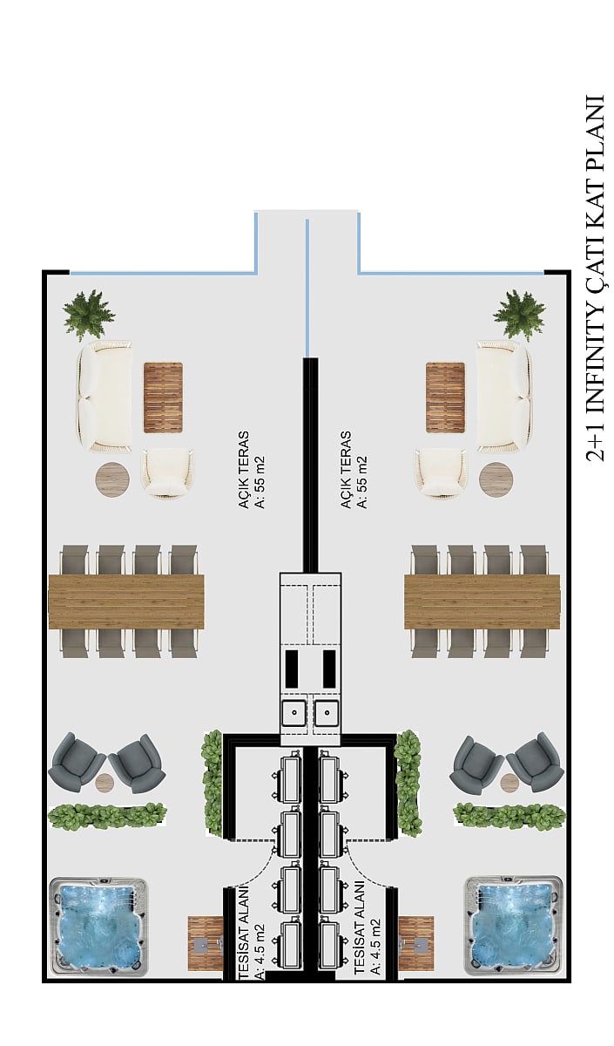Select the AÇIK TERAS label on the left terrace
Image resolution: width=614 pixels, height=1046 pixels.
[244, 469]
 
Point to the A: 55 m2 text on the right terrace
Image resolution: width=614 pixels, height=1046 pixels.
[361, 481]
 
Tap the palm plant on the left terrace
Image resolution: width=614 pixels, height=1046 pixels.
[89, 315]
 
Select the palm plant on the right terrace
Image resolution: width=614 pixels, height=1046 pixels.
[519, 315]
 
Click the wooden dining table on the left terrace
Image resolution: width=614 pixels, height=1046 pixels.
[126, 601]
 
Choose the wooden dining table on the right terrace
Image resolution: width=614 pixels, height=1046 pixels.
[482, 601]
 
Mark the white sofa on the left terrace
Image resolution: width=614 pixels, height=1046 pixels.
[105, 397]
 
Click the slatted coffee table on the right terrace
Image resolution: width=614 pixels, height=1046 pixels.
[446, 397]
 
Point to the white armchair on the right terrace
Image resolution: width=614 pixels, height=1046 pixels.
[441, 472]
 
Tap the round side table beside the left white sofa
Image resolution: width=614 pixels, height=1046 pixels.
[112, 479]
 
